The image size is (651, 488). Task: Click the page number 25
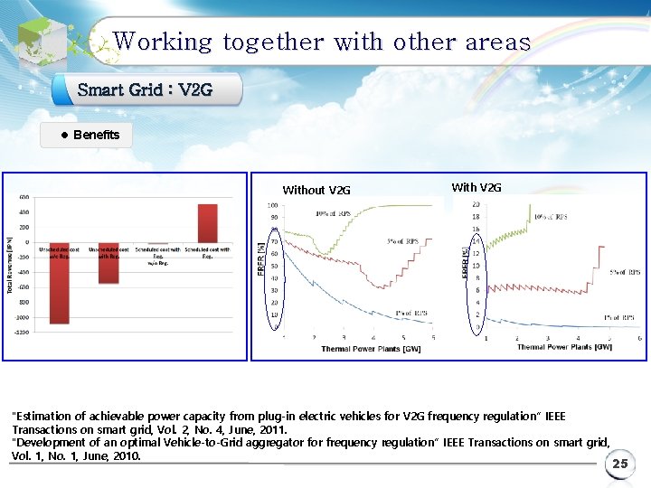619,465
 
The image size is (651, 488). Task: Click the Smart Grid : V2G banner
146,89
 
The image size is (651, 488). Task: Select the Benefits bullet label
96,135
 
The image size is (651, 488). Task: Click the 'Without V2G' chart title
316,190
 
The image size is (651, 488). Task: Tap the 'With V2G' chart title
476,187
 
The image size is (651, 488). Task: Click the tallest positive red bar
208,222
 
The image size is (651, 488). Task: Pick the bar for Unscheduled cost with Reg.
108,269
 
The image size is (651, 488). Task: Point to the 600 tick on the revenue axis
24,197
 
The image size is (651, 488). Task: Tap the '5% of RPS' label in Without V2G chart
404,241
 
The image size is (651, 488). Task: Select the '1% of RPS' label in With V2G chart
621,317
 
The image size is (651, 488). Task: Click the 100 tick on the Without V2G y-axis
272,205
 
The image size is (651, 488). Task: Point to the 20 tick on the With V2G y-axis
476,205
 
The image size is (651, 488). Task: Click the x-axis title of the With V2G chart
564,347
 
